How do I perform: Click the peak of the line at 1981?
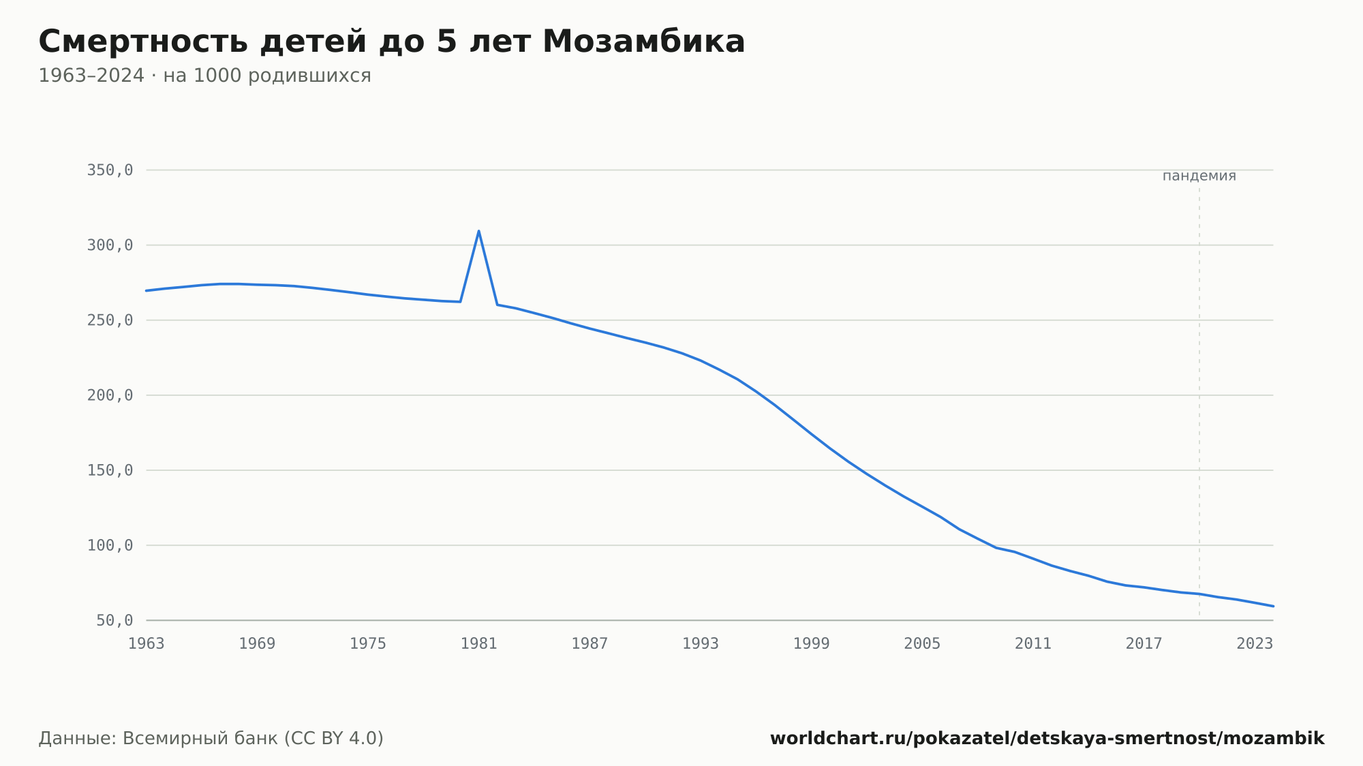pos(479,230)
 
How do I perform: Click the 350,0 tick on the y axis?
pos(110,170)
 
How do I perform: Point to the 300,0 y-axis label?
pos(110,245)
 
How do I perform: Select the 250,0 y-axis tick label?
pos(110,320)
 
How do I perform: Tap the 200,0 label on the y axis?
pos(110,395)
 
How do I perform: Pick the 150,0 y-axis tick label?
pos(110,470)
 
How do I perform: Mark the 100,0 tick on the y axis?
pos(110,545)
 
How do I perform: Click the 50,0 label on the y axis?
pos(114,620)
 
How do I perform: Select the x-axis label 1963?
pos(147,644)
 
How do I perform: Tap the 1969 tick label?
pos(257,644)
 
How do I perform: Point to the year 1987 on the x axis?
pos(589,644)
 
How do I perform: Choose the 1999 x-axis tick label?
pos(812,644)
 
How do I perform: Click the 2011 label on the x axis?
pos(1033,644)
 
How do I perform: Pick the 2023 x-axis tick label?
pos(1255,644)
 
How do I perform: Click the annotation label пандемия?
pos(1199,176)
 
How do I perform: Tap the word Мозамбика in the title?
pos(644,42)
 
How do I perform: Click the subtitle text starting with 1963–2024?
pos(204,76)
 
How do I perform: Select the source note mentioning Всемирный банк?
pos(211,739)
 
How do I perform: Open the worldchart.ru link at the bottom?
pos(1047,739)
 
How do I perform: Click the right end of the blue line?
pos(1273,606)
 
